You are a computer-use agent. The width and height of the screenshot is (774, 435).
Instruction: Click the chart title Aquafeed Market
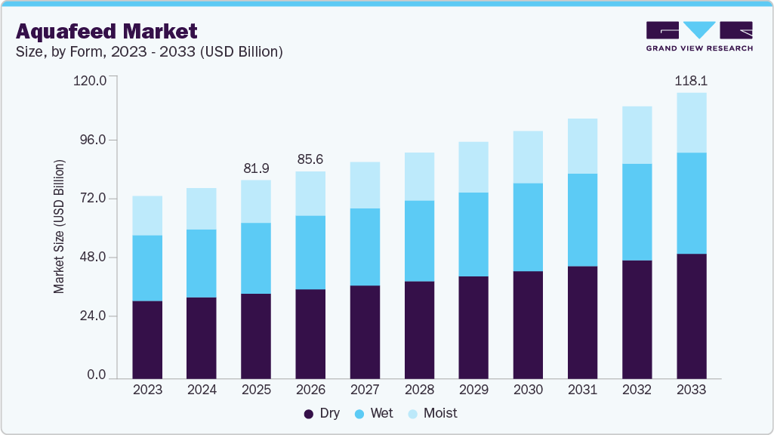[x=106, y=31]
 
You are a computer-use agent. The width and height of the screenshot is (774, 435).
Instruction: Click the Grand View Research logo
[x=699, y=36]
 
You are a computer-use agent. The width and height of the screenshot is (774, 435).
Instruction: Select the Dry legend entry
[x=322, y=413]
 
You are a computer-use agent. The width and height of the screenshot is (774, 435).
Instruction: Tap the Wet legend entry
[x=375, y=413]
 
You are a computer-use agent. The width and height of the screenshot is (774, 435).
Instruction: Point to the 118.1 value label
[x=691, y=80]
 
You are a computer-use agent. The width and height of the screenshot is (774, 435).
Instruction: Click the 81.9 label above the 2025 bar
[x=256, y=168]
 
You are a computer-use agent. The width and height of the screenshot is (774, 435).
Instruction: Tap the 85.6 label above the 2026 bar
[x=310, y=159]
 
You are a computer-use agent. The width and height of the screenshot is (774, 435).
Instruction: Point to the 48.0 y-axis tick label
[x=91, y=258]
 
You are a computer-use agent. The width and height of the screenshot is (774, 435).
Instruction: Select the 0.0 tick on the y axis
[x=95, y=375]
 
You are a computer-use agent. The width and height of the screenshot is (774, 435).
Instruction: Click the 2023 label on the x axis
[x=147, y=390]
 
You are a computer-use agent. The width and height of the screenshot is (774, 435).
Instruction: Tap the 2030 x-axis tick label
[x=528, y=390]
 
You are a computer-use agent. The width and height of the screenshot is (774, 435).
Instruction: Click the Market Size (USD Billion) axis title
[x=59, y=227]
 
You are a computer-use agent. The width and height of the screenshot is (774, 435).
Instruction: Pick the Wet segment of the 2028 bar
[x=419, y=241]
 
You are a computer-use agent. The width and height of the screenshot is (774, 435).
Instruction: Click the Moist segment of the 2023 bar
[x=147, y=215]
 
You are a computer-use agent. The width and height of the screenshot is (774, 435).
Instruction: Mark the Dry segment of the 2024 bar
[x=202, y=337]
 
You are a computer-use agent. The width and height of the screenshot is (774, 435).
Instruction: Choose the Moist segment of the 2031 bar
[x=582, y=146]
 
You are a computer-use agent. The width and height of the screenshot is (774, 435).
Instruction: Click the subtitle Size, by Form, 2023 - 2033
[x=149, y=52]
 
